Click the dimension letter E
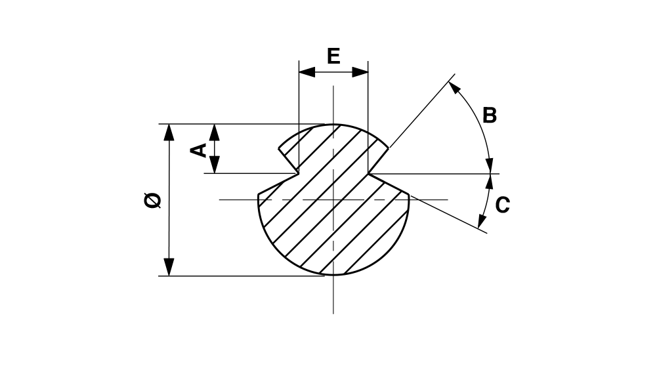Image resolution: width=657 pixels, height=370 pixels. (x=333, y=56)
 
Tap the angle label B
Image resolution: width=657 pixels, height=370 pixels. (x=490, y=115)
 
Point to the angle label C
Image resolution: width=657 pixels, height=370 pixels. (x=502, y=205)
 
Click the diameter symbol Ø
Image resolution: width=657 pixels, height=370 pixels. (x=152, y=200)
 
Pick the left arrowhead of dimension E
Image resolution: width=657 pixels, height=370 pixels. (x=307, y=72)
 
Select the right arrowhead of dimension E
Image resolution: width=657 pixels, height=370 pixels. (x=360, y=72)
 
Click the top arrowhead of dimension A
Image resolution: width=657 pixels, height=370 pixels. (x=215, y=133)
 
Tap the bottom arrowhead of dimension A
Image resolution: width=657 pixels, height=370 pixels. (x=215, y=165)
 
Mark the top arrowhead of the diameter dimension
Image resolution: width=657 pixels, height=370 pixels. (x=169, y=133)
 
